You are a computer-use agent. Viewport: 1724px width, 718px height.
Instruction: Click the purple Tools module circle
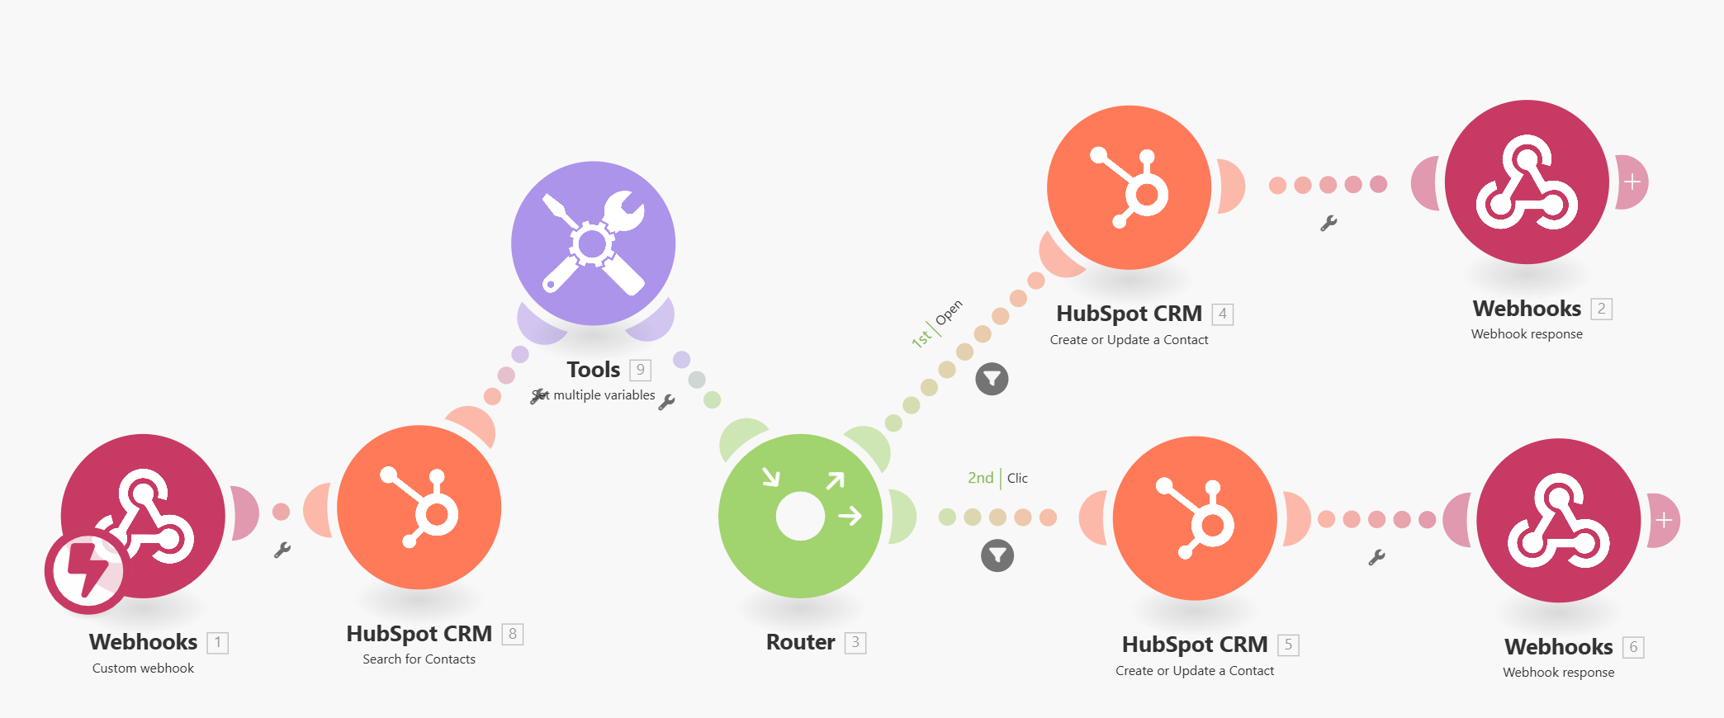593,243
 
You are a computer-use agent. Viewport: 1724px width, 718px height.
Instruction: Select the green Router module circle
800,516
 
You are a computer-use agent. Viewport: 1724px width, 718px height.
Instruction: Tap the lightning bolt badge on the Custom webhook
86,571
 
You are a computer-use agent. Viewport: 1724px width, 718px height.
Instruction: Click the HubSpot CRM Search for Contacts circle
419,507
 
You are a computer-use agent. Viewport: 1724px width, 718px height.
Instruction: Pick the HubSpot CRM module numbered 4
1129,187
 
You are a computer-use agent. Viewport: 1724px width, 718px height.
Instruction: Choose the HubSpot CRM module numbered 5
1195,518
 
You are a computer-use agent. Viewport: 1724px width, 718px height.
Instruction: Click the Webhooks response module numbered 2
1527,182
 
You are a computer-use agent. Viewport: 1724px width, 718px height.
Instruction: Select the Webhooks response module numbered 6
1558,520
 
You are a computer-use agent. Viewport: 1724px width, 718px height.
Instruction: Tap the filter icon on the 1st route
992,379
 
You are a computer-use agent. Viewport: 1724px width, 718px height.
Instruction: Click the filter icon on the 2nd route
997,555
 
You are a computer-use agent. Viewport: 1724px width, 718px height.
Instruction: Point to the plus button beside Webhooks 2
1632,182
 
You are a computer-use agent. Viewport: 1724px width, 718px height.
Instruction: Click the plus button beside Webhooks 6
1664,520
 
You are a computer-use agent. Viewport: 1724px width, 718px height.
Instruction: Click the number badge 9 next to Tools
640,370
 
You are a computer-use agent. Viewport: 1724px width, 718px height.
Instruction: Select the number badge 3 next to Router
855,642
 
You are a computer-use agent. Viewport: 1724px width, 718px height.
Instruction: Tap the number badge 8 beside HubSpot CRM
513,634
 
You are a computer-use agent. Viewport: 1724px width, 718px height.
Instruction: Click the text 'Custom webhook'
143,668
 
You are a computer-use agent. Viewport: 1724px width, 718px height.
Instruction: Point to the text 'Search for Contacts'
419,659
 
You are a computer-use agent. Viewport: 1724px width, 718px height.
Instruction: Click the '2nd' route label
981,478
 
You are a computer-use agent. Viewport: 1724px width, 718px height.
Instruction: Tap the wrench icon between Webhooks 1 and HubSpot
282,550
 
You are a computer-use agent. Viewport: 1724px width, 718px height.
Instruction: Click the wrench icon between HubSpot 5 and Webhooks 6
1376,558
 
